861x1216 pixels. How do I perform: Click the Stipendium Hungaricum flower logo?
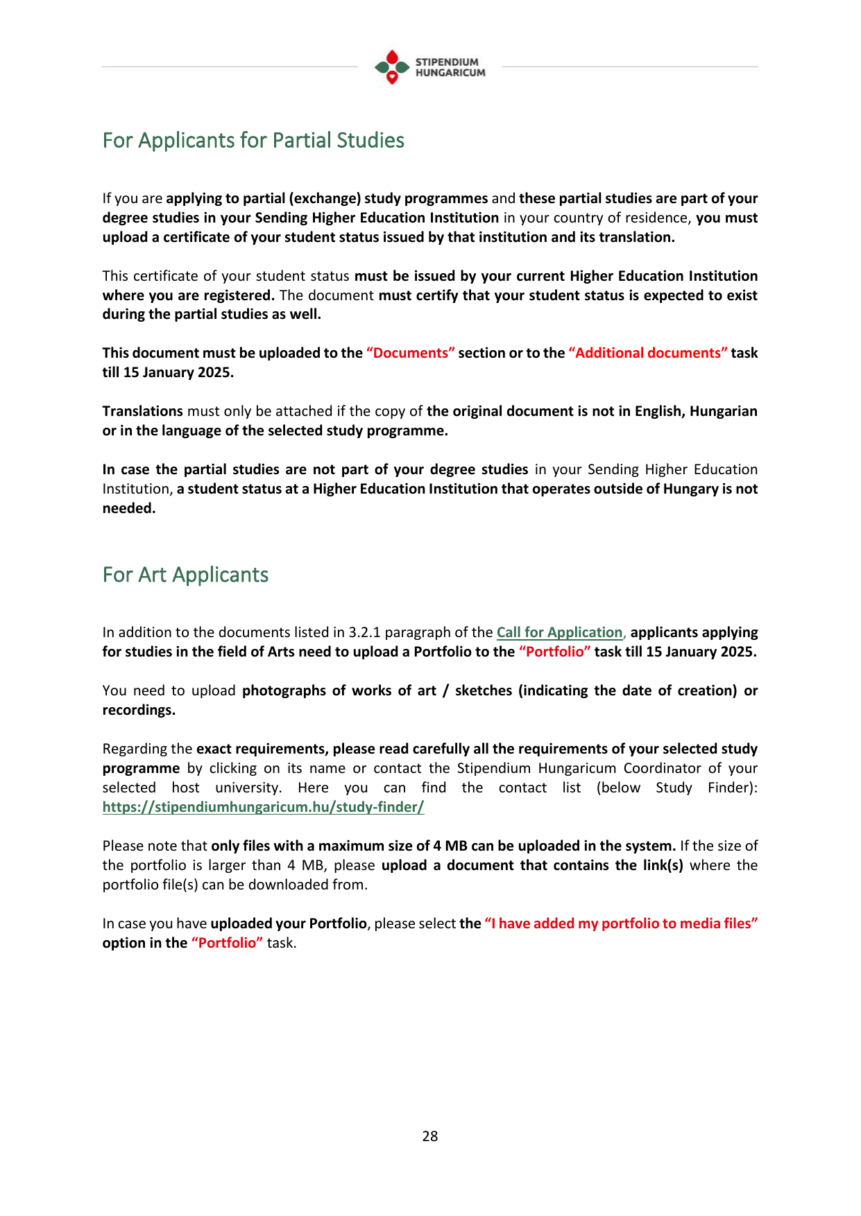click(x=392, y=67)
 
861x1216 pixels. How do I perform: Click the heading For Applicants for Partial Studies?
click(x=253, y=141)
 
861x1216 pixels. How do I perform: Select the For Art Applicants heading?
click(x=185, y=575)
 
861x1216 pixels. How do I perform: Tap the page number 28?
click(x=430, y=1136)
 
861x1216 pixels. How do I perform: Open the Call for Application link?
click(x=559, y=633)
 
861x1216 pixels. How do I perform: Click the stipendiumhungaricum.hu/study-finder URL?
click(x=263, y=808)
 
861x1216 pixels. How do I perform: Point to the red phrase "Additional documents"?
click(x=648, y=354)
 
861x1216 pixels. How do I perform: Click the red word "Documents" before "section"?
click(x=411, y=354)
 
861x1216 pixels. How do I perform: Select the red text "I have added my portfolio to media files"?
click(x=621, y=924)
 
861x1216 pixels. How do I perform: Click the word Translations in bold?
click(x=143, y=412)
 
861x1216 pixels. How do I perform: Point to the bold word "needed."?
click(x=129, y=509)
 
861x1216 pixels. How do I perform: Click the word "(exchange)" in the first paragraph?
click(x=325, y=199)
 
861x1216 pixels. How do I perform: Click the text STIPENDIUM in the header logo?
click(x=447, y=62)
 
